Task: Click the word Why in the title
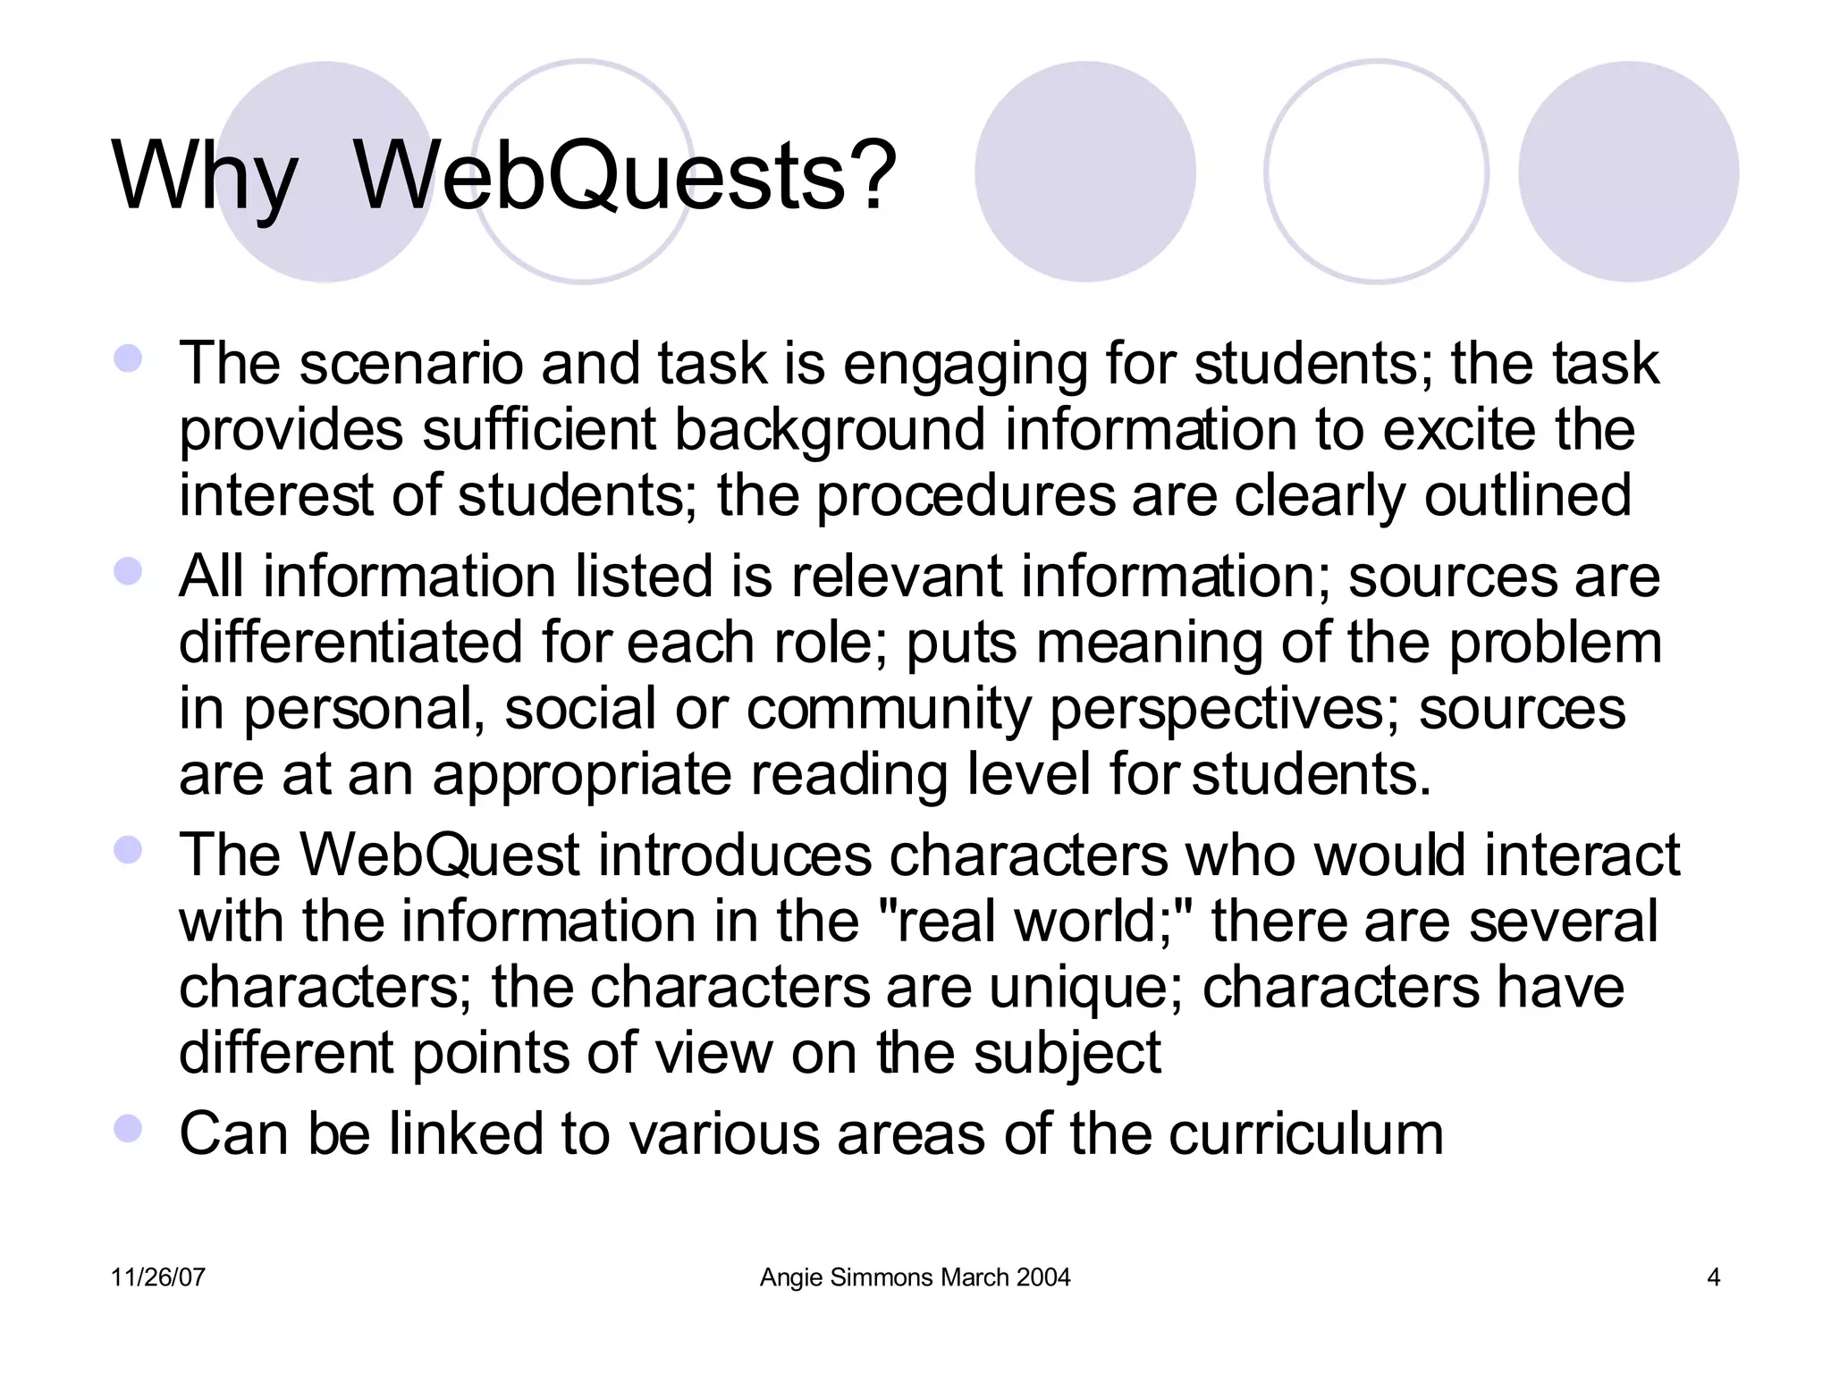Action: [204, 178]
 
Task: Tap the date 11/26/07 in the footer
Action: [158, 1277]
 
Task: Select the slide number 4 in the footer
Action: [1713, 1277]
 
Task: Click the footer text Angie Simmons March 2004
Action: [915, 1277]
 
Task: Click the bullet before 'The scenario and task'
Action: [129, 359]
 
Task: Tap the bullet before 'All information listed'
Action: [129, 572]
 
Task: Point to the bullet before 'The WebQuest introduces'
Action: [129, 850]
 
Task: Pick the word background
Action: [829, 431]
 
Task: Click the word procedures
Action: [966, 497]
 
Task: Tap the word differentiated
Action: [350, 643]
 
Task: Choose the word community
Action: [889, 709]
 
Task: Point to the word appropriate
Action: [582, 775]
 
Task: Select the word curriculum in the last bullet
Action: [1305, 1133]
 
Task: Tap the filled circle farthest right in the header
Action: [1628, 172]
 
